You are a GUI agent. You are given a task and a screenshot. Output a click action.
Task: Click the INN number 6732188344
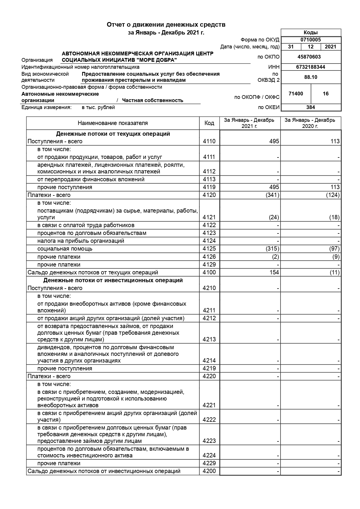[x=310, y=67]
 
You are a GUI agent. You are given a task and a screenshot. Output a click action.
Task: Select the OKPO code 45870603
[x=309, y=57]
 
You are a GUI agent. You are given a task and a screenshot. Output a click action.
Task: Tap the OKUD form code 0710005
[x=310, y=40]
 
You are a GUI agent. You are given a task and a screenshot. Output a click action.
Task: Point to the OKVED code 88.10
[x=310, y=77]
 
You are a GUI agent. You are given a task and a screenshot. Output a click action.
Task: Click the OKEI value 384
[x=310, y=107]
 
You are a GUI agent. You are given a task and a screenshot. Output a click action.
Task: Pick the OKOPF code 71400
[x=296, y=94]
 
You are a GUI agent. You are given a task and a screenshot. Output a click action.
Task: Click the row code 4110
[x=209, y=141]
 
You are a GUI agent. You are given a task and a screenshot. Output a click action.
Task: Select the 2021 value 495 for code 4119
[x=274, y=187]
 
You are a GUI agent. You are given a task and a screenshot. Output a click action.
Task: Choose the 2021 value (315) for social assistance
[x=272, y=249]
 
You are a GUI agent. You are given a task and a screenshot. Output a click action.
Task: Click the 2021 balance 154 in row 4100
[x=274, y=272]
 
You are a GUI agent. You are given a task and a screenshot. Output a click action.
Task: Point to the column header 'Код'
[x=209, y=123]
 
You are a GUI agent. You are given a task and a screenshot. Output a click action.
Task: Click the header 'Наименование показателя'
[x=113, y=123]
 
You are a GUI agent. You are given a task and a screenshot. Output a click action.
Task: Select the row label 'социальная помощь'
[x=65, y=249]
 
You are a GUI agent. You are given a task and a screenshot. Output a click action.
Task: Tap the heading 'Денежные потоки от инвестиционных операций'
[x=113, y=280]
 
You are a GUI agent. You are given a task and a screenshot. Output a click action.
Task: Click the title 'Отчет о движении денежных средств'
[x=166, y=25]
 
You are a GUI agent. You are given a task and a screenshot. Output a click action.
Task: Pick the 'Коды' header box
[x=310, y=32]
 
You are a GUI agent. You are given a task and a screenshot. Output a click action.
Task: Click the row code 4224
[x=209, y=455]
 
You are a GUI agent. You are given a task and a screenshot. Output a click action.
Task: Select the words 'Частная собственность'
[x=153, y=100]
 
